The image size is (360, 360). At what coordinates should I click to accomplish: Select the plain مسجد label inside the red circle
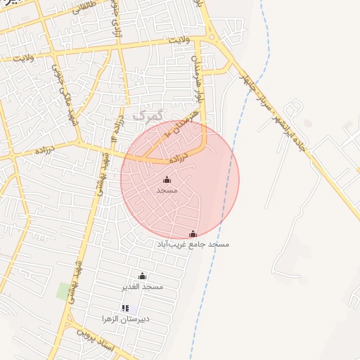pyautogui.click(x=167, y=191)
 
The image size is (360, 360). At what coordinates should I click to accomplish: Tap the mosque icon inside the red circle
pyautogui.click(x=167, y=180)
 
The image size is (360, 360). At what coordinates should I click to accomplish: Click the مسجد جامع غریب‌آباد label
pyautogui.click(x=193, y=244)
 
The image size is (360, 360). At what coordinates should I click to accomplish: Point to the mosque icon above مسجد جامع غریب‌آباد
pyautogui.click(x=193, y=233)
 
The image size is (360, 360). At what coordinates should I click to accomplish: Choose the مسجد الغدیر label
pyautogui.click(x=143, y=287)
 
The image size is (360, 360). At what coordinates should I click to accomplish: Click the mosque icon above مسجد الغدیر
pyautogui.click(x=143, y=276)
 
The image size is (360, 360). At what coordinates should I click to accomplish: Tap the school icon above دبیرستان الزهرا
pyautogui.click(x=125, y=308)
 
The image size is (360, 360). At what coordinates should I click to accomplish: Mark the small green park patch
pyautogui.click(x=64, y=290)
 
